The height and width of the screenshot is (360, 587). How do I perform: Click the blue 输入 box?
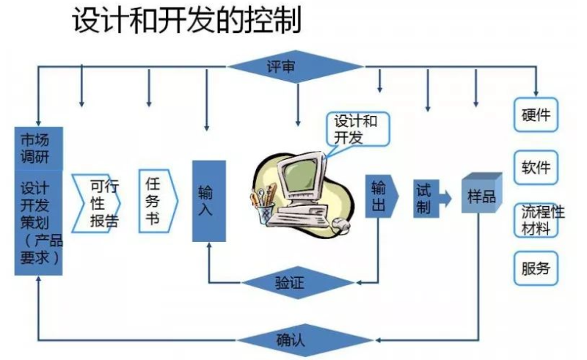(x=208, y=200)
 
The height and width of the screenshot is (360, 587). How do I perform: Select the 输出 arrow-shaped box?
(x=381, y=196)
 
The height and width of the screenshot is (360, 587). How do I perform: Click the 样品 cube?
(x=481, y=194)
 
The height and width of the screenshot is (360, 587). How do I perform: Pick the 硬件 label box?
(x=536, y=115)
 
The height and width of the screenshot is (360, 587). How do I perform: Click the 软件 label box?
(x=536, y=166)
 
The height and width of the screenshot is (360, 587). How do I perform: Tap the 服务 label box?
(x=536, y=268)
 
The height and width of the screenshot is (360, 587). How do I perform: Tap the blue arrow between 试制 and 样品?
(x=445, y=197)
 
